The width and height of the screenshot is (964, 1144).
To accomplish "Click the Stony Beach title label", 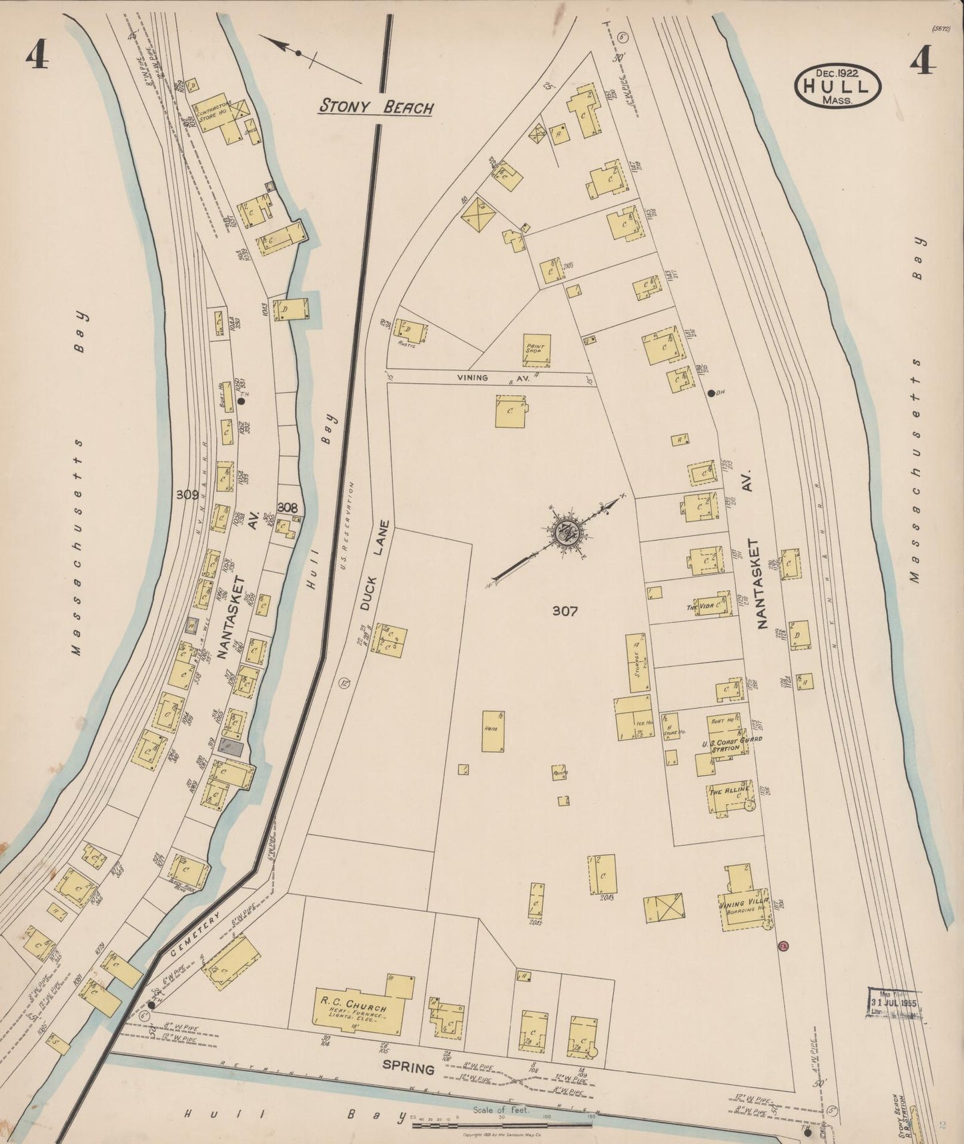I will tap(376, 105).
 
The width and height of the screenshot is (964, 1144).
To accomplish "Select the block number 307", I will tap(564, 610).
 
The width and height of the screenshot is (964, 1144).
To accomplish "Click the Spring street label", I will tap(408, 1069).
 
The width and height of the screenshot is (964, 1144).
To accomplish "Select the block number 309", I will tap(187, 495).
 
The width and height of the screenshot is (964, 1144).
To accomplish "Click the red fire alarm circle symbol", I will tap(784, 945).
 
